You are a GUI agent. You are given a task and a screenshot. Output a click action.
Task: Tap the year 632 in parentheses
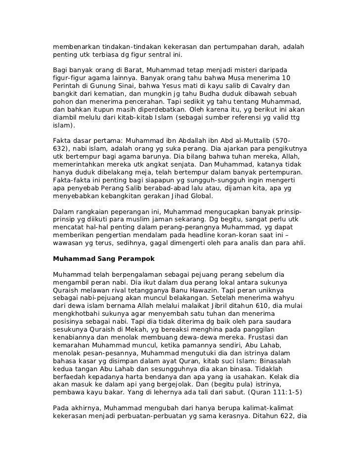click(x=59, y=148)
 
